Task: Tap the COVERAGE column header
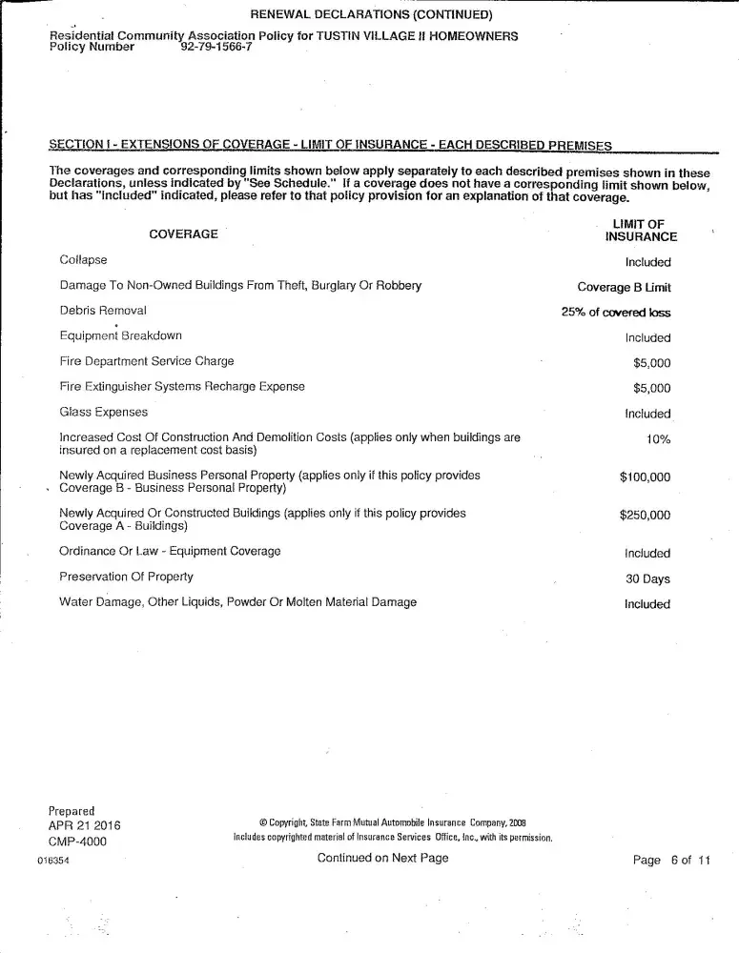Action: [184, 233]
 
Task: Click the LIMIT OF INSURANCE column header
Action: [641, 231]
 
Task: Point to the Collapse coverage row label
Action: [83, 260]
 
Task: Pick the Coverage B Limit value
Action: [624, 287]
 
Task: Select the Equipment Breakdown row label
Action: [120, 335]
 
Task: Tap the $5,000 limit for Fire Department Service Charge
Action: [651, 362]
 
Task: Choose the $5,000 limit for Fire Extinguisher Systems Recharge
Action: [651, 388]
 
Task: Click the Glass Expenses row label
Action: [103, 412]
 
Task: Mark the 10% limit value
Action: [658, 439]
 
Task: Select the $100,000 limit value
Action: [645, 477]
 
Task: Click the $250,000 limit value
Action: [645, 516]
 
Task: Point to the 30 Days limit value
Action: [647, 578]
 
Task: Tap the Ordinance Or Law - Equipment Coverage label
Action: [170, 551]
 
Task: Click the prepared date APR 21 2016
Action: [84, 825]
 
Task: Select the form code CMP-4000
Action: [77, 841]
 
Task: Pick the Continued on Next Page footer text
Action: [382, 859]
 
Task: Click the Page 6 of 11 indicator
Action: [671, 860]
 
